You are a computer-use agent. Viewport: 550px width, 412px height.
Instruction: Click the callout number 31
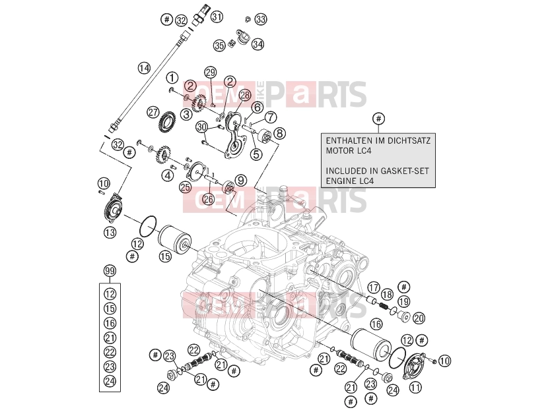point(217,16)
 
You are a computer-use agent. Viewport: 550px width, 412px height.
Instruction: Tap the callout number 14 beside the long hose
point(144,68)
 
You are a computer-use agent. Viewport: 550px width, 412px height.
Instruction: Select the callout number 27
point(153,113)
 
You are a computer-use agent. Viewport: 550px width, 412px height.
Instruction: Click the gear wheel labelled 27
point(166,121)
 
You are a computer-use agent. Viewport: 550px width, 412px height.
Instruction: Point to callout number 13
point(110,232)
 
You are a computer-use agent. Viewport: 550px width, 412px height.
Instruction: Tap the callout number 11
point(415,387)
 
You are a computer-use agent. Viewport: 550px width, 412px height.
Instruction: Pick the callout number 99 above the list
point(110,271)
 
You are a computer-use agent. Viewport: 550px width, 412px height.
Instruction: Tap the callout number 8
point(279,133)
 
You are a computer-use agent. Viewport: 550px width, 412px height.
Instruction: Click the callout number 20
point(419,318)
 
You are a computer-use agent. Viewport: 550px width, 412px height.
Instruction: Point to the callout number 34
point(258,44)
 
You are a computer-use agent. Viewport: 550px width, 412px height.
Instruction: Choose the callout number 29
point(211,73)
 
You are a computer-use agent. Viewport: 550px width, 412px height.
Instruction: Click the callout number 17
point(374,287)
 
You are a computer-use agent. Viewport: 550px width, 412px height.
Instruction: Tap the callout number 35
point(219,45)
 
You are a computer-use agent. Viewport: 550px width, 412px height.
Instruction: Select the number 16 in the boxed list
point(110,323)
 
